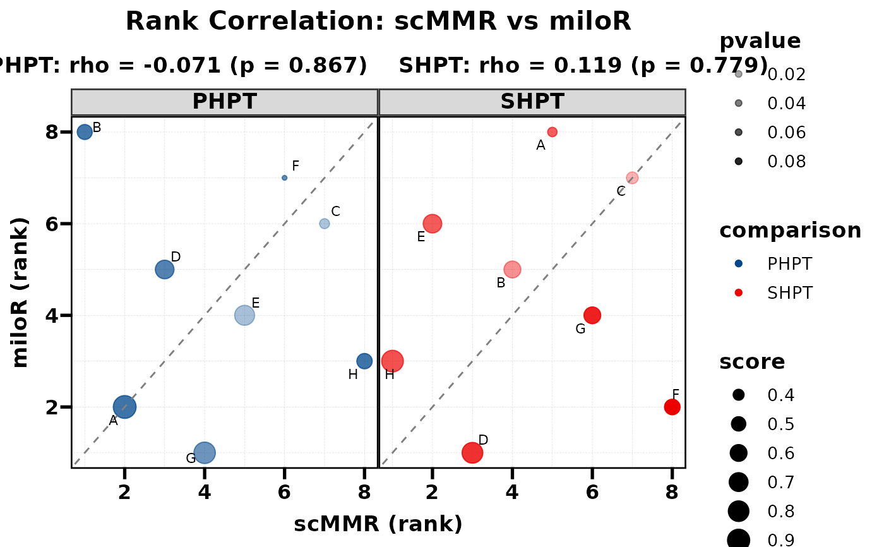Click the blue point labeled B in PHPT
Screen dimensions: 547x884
(85, 131)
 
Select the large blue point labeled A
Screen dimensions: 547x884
(124, 407)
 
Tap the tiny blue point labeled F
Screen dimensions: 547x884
(284, 177)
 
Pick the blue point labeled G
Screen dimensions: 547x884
(205, 452)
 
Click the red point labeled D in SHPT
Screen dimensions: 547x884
(472, 452)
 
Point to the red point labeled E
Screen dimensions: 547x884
(432, 223)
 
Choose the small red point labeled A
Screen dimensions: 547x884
(552, 132)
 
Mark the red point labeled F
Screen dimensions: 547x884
(672, 407)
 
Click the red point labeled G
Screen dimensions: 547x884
(592, 315)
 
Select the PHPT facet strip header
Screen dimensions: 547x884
(224, 102)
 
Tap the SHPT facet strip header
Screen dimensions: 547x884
(532, 102)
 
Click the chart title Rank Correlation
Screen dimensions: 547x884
(378, 21)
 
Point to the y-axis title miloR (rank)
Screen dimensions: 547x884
(20, 292)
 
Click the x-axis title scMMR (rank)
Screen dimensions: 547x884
(378, 524)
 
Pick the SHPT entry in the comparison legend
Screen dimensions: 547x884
(789, 293)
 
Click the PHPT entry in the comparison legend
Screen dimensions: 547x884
(789, 264)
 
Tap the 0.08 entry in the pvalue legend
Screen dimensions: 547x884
(786, 162)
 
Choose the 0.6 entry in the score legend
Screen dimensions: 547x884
(780, 453)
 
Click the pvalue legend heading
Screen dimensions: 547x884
(760, 42)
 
